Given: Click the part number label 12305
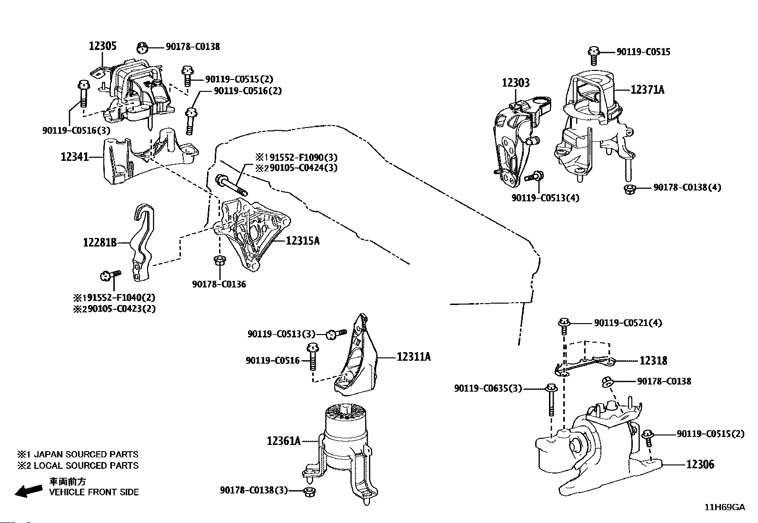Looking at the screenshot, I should (x=102, y=46).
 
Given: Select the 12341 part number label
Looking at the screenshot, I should (x=75, y=156).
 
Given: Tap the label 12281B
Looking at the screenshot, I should (x=100, y=243).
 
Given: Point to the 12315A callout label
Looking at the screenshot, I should (x=303, y=241).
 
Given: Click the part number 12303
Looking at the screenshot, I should (x=515, y=83).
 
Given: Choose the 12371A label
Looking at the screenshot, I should (x=647, y=89).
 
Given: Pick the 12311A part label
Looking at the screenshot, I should (x=414, y=356).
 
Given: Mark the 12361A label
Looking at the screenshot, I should (x=284, y=441).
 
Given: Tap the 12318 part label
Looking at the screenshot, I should (x=653, y=361).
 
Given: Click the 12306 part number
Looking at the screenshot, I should (x=700, y=464).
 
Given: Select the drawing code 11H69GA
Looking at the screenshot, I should (x=725, y=507).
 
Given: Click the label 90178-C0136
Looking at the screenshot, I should (x=219, y=285).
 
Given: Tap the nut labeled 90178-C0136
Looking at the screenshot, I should (x=219, y=260).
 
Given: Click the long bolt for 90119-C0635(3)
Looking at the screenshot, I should (x=551, y=400).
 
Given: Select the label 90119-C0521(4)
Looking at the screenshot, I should (x=628, y=323).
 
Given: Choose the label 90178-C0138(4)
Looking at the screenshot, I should (x=687, y=187).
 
